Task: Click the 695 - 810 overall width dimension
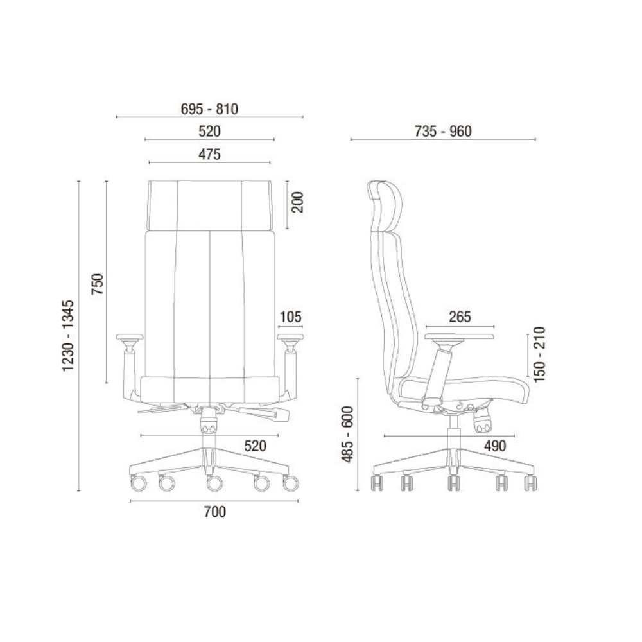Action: coord(209,109)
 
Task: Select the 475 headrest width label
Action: coord(209,154)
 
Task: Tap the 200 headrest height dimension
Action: coord(298,202)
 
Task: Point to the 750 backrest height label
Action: coord(98,284)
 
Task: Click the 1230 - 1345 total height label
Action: coord(68,336)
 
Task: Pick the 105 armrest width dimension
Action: coord(290,317)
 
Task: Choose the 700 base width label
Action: coord(214,512)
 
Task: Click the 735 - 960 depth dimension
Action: coord(443,132)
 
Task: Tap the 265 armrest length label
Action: coord(460,317)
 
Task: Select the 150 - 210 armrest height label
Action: coord(540,354)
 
